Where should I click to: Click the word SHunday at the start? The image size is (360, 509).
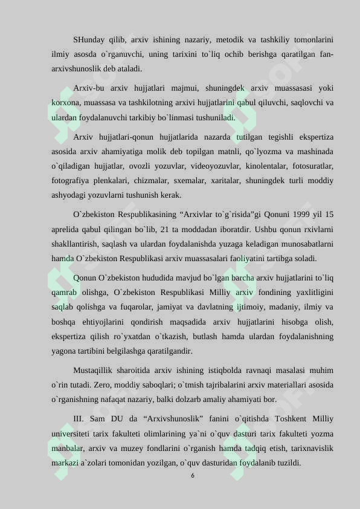point(89,40)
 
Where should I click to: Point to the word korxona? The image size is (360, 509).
point(65,103)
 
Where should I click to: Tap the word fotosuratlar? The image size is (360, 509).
point(315,166)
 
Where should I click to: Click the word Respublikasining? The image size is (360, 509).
point(144,214)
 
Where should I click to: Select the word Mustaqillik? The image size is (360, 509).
point(95,370)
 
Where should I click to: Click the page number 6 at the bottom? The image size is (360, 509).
point(192,476)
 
